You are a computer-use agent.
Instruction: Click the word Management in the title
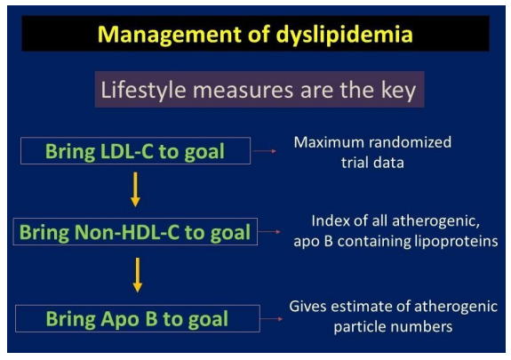(169, 35)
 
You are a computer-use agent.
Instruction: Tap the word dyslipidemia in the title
(344, 35)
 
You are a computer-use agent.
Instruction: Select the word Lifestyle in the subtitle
(143, 91)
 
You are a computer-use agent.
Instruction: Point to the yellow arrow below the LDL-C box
(135, 189)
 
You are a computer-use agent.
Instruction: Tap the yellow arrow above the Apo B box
(138, 275)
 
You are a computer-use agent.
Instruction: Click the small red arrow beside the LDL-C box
(265, 151)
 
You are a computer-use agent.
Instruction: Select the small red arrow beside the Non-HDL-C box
(269, 232)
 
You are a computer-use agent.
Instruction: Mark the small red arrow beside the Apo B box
(272, 319)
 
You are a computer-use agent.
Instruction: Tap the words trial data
(372, 163)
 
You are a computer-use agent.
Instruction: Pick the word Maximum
(329, 142)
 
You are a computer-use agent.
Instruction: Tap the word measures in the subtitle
(243, 91)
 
